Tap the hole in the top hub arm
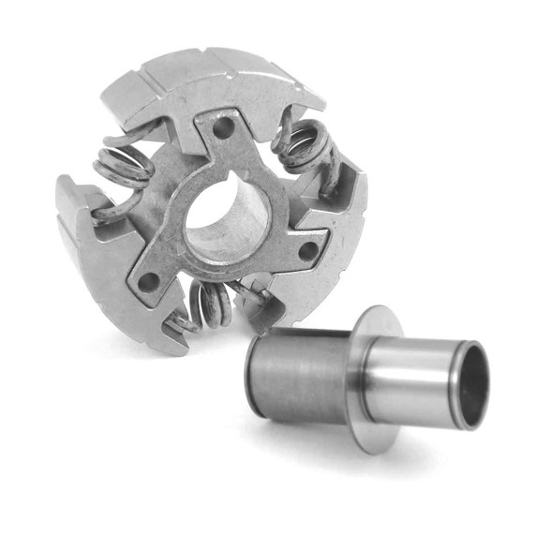[223, 125]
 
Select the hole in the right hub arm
[305, 250]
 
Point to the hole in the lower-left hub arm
[148, 279]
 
